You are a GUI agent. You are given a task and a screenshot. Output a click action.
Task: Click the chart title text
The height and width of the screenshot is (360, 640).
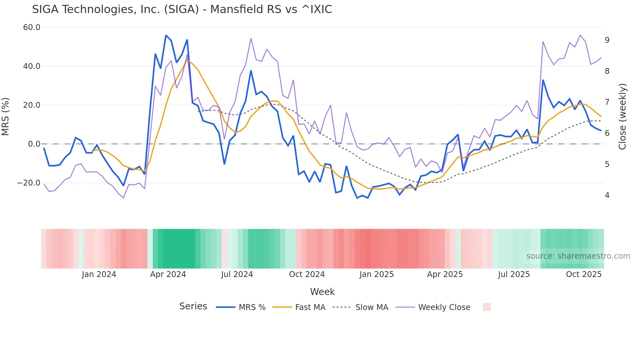[182, 9]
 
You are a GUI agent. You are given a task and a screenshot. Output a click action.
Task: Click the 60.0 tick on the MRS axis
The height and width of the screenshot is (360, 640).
[32, 27]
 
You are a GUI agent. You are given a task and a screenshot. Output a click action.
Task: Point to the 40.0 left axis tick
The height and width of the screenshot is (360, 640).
[32, 66]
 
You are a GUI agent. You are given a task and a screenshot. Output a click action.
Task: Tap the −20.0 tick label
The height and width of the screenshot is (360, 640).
[29, 183]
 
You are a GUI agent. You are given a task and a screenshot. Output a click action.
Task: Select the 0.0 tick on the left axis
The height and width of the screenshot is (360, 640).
[34, 144]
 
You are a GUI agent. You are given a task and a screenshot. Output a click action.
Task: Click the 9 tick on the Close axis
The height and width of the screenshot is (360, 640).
[607, 40]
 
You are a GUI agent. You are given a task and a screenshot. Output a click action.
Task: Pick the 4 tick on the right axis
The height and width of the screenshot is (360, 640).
[607, 195]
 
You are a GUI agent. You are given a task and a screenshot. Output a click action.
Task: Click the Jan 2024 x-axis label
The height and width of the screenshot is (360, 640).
[99, 274]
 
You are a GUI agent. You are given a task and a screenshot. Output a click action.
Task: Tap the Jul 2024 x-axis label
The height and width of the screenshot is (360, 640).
[237, 274]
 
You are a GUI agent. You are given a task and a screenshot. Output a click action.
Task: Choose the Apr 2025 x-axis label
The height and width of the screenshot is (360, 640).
[445, 274]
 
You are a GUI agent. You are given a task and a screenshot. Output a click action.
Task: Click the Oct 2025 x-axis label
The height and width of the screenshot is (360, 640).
[584, 274]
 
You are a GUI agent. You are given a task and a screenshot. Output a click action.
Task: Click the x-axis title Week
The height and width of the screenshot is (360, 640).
[322, 292]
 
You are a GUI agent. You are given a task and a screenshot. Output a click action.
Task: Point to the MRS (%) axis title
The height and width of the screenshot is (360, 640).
[6, 117]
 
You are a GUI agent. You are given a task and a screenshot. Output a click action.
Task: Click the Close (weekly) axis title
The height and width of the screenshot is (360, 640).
[622, 117]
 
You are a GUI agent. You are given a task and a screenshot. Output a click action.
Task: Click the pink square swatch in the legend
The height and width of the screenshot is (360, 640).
[487, 307]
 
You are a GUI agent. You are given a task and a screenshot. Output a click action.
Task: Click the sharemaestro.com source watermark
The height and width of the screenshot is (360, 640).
[578, 256]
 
